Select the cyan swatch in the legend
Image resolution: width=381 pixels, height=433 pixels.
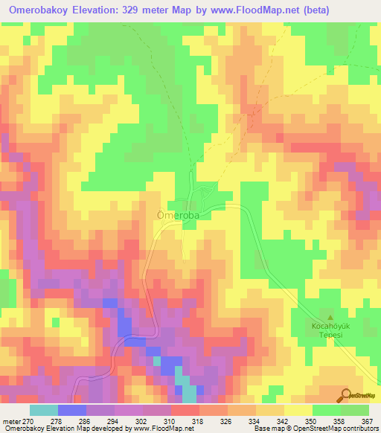point(44,410)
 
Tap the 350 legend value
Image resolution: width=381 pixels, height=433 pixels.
point(313,420)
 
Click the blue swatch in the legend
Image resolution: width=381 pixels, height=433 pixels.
point(72,410)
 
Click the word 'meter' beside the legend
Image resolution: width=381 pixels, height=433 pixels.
point(10,420)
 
